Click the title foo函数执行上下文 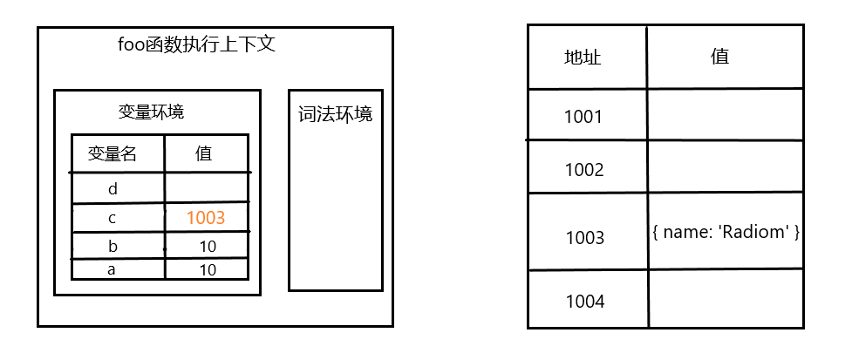196,44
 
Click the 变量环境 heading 151,112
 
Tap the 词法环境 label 335,114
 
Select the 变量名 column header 112,154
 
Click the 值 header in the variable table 204,153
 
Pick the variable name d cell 112,188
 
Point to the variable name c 112,218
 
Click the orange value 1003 206,218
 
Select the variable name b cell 112,247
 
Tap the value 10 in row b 208,247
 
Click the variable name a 112,270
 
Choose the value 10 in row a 208,270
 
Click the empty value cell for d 207,188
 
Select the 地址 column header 583,58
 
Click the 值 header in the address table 719,58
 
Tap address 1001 583,116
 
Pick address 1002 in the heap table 583,169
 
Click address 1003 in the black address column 583,236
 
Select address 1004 583,302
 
